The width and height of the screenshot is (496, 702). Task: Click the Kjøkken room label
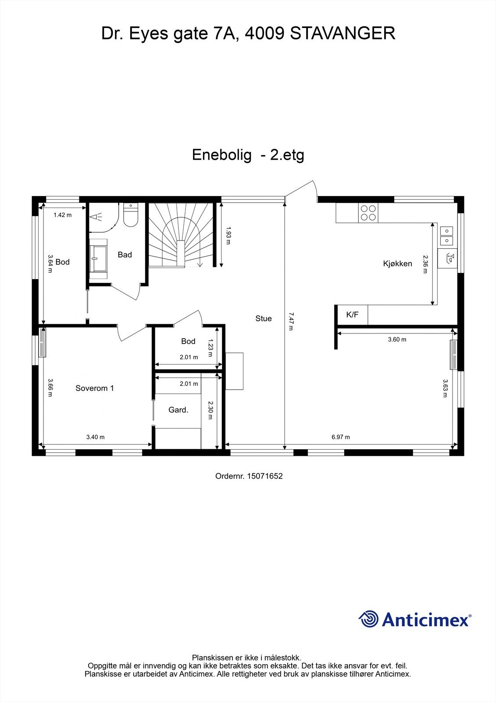click(397, 264)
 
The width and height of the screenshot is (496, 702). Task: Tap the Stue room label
click(264, 319)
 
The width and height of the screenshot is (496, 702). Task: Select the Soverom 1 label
click(95, 388)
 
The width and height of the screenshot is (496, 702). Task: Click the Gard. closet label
click(178, 410)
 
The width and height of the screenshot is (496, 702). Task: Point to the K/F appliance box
click(352, 315)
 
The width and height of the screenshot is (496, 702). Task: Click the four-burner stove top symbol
click(368, 213)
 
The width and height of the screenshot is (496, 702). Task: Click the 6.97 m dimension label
click(341, 437)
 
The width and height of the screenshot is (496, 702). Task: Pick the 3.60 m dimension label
click(397, 339)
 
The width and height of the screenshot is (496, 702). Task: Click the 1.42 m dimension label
click(62, 215)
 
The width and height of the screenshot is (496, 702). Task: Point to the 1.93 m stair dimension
click(228, 235)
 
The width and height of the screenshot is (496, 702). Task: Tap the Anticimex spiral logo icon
click(368, 620)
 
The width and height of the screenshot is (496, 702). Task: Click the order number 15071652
click(265, 476)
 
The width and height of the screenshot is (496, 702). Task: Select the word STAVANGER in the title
click(343, 33)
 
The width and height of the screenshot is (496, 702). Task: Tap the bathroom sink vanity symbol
click(98, 259)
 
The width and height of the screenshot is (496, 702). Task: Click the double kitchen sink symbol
click(446, 236)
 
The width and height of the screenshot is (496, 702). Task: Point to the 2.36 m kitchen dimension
click(425, 264)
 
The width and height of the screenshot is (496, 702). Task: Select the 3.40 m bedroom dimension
click(95, 437)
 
